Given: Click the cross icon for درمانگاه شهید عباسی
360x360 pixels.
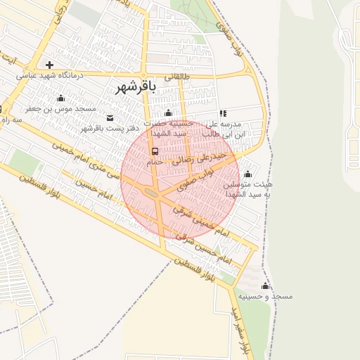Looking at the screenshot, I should tap(49, 65).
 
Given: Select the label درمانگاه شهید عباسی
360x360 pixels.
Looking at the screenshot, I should tap(50, 75).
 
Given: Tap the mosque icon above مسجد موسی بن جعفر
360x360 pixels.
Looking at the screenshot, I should tap(60, 98).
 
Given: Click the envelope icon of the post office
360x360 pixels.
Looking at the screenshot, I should tap(110, 117).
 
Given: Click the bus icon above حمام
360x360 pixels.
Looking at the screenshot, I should tap(155, 151).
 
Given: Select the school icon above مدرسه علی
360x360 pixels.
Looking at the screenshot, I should tap(224, 113).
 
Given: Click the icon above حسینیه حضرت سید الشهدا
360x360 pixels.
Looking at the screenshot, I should tap(168, 113).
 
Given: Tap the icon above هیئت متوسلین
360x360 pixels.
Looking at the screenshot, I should tap(247, 174).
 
